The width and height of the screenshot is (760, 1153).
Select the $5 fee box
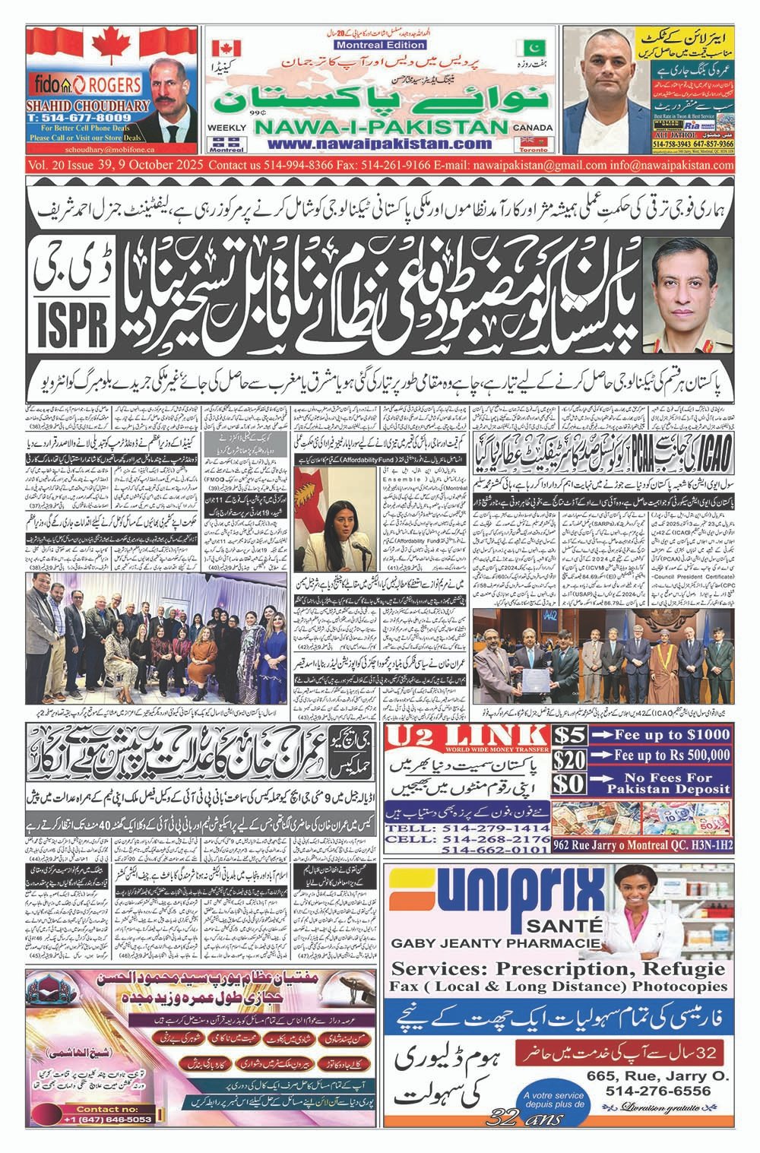570,736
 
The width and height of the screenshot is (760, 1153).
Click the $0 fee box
570,785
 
